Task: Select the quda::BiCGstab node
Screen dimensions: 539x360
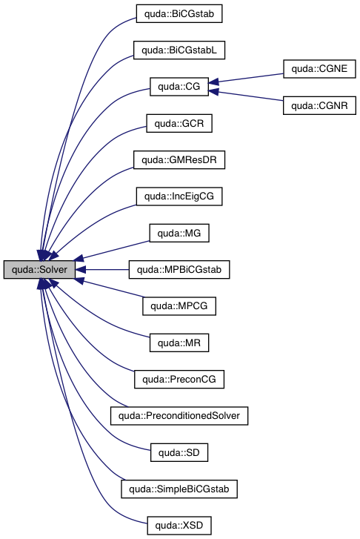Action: [179, 13]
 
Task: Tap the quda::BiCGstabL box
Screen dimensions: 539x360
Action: [179, 50]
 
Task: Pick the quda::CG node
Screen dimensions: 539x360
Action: [179, 87]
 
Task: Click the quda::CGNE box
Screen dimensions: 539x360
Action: [319, 69]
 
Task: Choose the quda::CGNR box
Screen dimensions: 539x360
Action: [319, 105]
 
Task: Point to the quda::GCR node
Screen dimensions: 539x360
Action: [179, 123]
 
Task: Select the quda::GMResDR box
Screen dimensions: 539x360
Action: [179, 160]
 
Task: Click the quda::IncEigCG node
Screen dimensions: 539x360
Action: [179, 196]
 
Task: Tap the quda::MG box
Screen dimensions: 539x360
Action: [179, 234]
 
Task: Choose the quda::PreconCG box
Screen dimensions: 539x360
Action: [179, 380]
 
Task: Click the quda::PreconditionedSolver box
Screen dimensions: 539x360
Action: [179, 417]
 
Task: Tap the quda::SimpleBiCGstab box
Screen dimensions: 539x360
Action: [179, 490]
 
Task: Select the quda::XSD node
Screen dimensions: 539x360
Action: [179, 526]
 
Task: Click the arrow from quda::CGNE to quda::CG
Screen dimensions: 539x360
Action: [248, 78]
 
